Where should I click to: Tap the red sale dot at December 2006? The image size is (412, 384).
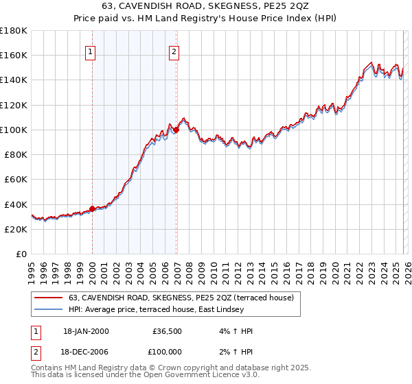pos(176,130)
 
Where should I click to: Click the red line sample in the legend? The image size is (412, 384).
pos(48,298)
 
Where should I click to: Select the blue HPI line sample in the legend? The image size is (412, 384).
pos(48,309)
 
